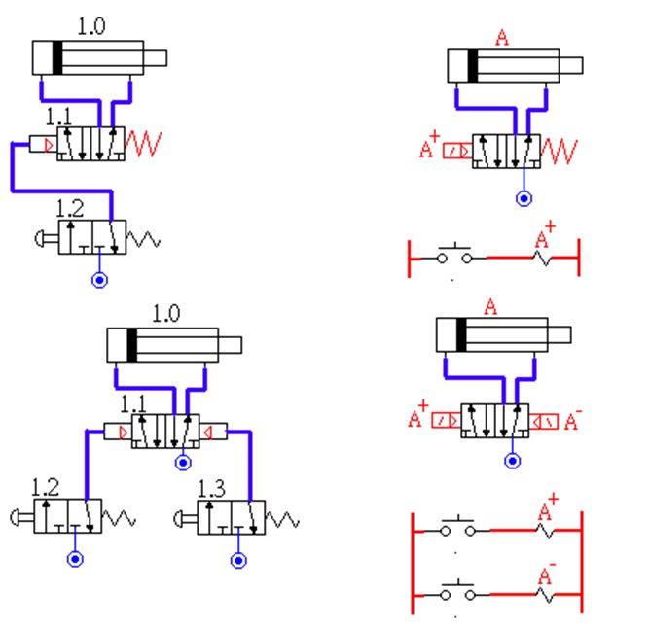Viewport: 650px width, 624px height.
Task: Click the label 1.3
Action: click(x=212, y=489)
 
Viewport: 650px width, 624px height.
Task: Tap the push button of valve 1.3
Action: click(x=181, y=518)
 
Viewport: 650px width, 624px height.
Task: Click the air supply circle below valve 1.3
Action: click(x=238, y=561)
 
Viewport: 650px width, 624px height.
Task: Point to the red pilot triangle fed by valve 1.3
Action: click(x=207, y=433)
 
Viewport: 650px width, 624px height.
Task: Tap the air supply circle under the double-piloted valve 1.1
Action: click(x=183, y=463)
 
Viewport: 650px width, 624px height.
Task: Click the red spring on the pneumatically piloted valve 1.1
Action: click(x=143, y=144)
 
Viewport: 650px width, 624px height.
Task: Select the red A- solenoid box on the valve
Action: click(x=544, y=422)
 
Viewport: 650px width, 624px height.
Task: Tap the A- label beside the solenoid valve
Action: click(x=573, y=420)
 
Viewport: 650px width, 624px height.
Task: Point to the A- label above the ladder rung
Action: click(x=547, y=573)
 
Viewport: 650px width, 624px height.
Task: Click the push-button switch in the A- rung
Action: click(x=457, y=591)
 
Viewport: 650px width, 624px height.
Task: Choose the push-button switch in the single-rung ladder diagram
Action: click(x=454, y=254)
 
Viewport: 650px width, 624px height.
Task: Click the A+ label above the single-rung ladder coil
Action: click(x=545, y=235)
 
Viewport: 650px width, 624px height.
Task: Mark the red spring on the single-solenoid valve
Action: click(x=560, y=152)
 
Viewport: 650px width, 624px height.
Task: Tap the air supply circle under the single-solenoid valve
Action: click(x=524, y=198)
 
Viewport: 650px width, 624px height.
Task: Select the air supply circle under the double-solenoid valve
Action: click(x=513, y=461)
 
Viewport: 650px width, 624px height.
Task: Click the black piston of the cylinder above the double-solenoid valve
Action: click(x=461, y=334)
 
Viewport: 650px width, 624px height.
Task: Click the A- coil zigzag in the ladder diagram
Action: click(x=545, y=595)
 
